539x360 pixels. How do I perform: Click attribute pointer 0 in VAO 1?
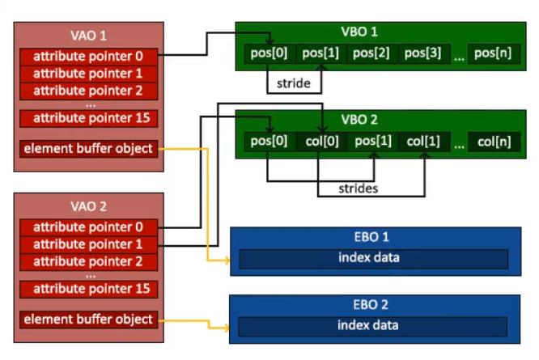(89, 57)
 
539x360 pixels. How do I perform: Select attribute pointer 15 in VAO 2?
(89, 289)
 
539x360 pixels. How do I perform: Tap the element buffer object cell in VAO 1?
(89, 149)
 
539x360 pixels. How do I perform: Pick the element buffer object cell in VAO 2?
(89, 320)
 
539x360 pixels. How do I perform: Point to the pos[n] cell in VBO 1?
(494, 53)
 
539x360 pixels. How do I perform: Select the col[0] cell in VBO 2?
(322, 142)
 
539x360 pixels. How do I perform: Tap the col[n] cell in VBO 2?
(494, 142)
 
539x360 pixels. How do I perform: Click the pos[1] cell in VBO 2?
(373, 142)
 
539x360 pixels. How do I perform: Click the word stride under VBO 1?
(294, 83)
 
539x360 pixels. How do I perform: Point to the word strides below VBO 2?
(359, 188)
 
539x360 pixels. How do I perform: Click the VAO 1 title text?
(88, 36)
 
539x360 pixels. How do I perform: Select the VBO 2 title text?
(359, 120)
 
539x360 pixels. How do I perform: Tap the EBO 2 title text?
(371, 305)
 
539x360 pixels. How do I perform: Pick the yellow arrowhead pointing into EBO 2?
(227, 328)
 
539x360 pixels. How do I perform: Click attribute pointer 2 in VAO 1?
(89, 91)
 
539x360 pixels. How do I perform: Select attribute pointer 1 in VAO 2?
(89, 244)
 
